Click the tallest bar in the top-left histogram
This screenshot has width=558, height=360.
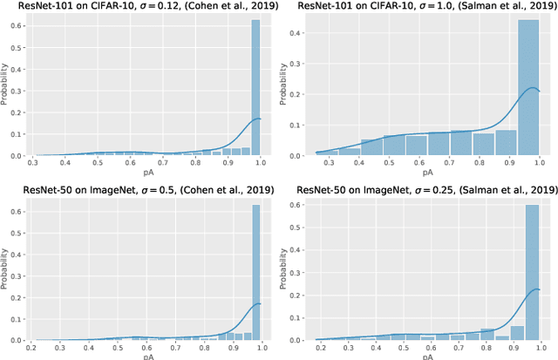(x=255, y=87)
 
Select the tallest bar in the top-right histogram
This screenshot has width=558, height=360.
(x=527, y=87)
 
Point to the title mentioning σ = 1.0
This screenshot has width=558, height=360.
(x=420, y=7)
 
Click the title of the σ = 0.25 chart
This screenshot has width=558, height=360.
(x=420, y=190)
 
